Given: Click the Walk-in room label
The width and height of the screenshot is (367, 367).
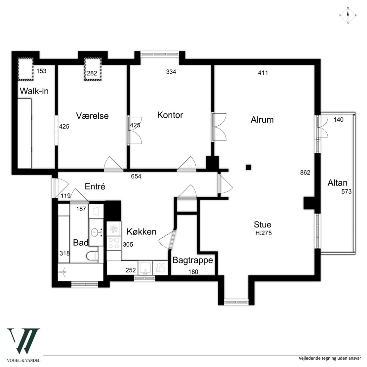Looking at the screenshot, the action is tap(34, 91).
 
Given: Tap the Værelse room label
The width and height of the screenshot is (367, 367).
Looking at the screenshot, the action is tap(92, 116).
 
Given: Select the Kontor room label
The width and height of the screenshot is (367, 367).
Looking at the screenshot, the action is tap(170, 115).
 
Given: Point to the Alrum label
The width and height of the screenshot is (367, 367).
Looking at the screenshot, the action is tap(262, 120).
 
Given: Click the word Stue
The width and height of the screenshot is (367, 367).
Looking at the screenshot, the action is tap(263, 224).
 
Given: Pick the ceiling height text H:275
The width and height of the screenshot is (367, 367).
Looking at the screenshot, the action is tap(264, 233).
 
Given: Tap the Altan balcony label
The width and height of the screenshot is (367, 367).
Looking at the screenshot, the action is tap(337, 183).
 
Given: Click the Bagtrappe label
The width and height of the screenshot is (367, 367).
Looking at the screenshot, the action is tap(193, 260).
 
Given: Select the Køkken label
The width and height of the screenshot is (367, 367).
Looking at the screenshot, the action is tap(142, 231).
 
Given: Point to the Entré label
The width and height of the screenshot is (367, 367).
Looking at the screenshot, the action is tap(95, 186).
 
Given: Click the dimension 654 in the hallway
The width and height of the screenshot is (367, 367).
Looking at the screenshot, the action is tap(136, 176).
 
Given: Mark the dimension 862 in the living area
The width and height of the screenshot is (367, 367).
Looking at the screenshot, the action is tap(305, 173).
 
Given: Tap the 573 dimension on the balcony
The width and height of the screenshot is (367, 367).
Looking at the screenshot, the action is tap(347, 191).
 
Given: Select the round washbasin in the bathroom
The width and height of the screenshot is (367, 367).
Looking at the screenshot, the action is tap(95, 232).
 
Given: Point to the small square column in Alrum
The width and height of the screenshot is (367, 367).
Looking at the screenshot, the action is tap(248, 167).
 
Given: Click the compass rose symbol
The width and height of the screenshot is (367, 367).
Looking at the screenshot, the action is tap(348, 16).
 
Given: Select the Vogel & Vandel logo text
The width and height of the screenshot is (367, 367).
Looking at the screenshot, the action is tap(23, 360).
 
